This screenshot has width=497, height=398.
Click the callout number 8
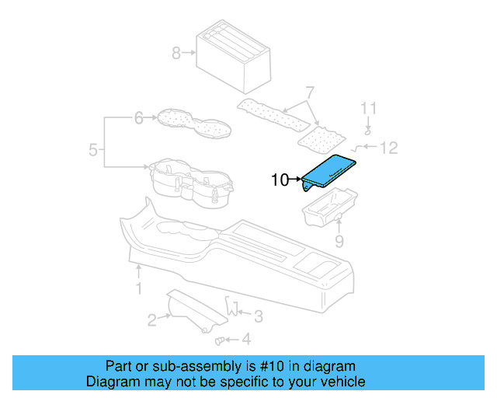click(176, 54)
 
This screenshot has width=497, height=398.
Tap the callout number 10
click(280, 181)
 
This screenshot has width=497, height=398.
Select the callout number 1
click(139, 289)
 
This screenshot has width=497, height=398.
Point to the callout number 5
click(93, 149)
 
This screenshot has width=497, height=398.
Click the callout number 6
click(139, 118)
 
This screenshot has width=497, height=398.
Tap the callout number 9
click(339, 242)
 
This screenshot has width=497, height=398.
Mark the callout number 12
click(388, 146)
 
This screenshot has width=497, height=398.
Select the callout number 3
click(259, 314)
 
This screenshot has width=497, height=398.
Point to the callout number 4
click(246, 339)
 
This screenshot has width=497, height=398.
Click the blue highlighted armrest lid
click(329, 172)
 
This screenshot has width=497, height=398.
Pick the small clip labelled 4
click(220, 340)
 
